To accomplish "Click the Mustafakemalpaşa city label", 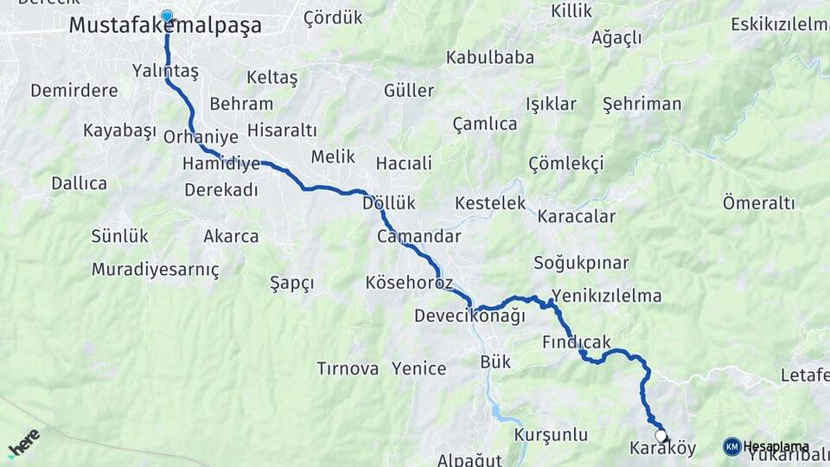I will pyautogui.click(x=164, y=26).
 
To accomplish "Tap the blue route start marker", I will pyautogui.click(x=167, y=16).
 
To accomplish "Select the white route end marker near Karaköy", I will pyautogui.click(x=661, y=436).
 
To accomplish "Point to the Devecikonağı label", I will pyautogui.click(x=469, y=316).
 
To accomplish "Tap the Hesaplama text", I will pyautogui.click(x=776, y=447).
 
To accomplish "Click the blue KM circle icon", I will pyautogui.click(x=731, y=446).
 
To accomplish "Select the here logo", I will pyautogui.click(x=23, y=444).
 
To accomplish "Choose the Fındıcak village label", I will pyautogui.click(x=577, y=342).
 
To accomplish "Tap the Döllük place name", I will pyautogui.click(x=389, y=203).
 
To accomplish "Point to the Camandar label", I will pyautogui.click(x=418, y=236).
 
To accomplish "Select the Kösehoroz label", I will pyautogui.click(x=409, y=283).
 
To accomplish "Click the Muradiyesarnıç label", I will pyautogui.click(x=155, y=269).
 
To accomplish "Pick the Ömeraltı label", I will pyautogui.click(x=758, y=203).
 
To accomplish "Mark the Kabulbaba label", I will pyautogui.click(x=489, y=58).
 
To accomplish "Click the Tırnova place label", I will pyautogui.click(x=348, y=368).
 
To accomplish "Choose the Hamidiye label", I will pyautogui.click(x=221, y=163).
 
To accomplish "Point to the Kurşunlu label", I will pyautogui.click(x=551, y=434).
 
